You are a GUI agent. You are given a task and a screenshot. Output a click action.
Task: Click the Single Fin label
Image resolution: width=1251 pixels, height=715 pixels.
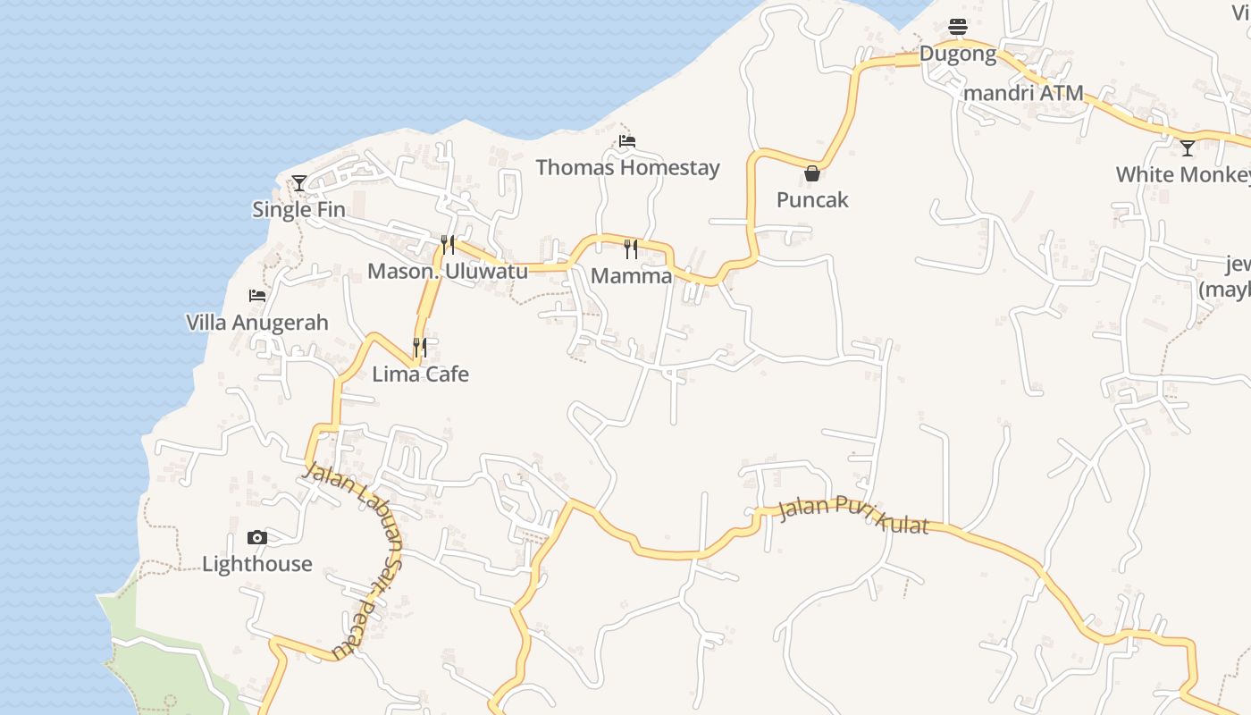point(298,210)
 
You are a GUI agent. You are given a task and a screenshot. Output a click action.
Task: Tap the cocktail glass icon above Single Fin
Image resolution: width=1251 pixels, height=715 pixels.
point(299,183)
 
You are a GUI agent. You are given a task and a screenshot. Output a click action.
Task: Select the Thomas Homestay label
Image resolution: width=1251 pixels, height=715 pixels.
point(627,167)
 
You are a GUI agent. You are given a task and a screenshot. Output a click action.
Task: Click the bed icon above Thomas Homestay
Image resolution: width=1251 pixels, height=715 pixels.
point(627,141)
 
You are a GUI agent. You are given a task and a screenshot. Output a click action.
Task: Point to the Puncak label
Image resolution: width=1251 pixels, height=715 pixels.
point(812,199)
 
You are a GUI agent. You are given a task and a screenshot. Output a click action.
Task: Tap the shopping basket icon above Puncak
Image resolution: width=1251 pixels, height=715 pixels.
point(812,173)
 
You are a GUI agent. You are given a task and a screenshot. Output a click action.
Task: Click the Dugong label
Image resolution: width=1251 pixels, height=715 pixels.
point(958,54)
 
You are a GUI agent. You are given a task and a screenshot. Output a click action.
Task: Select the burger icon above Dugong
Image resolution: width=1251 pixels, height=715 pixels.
point(958,27)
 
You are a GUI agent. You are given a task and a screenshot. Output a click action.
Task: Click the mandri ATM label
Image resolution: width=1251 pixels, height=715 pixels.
point(1024,93)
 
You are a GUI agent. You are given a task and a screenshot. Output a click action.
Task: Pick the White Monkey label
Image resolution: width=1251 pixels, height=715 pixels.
point(1182,174)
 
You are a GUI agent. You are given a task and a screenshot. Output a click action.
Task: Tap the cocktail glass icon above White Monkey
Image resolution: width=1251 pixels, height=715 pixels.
point(1188,148)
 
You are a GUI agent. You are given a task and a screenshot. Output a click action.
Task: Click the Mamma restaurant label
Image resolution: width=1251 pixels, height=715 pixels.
point(632,275)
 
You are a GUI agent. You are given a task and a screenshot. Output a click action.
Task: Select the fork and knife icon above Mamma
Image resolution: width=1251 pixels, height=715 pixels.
point(632,248)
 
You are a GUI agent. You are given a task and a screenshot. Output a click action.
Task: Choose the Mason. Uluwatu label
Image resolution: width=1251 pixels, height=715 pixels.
point(448,271)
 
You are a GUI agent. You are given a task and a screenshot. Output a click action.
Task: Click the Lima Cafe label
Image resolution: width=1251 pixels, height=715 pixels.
point(420,374)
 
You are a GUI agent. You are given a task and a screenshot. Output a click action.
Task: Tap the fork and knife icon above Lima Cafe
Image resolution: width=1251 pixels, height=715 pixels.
point(419,347)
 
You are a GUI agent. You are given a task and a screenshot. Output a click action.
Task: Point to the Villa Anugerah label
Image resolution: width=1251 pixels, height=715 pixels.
point(257,323)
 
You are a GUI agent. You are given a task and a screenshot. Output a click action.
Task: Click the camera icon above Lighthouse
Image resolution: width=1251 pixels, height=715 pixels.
point(257,537)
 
